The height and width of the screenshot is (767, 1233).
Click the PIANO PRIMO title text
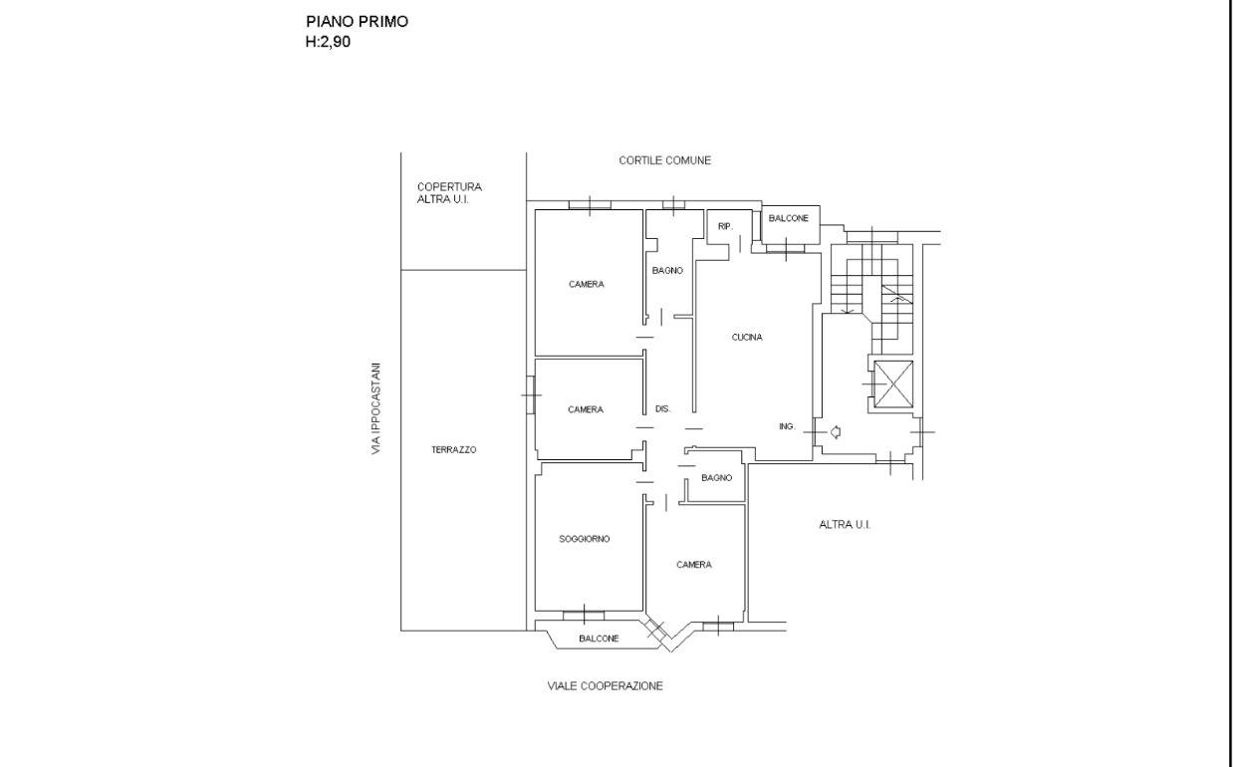357,22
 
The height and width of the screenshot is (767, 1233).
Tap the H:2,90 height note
328,42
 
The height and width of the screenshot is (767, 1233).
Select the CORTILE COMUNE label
665,160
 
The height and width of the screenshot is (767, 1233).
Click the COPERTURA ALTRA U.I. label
449,192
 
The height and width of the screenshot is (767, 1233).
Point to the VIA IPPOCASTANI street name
375,408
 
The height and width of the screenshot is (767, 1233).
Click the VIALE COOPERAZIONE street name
605,686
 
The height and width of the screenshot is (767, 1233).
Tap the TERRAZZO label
453,450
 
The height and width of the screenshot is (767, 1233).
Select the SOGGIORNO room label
584,539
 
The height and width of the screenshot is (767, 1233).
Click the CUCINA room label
747,337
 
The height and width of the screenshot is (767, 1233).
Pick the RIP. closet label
725,226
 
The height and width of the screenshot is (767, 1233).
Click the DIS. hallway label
662,409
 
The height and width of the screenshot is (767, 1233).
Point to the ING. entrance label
787,426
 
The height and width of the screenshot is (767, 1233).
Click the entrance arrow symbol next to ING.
835,432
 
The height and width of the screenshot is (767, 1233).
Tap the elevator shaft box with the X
893,383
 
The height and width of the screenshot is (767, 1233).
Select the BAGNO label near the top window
667,270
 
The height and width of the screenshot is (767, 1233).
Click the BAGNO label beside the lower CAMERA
717,478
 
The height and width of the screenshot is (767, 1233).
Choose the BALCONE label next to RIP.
788,218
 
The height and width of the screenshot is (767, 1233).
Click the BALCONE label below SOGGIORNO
599,639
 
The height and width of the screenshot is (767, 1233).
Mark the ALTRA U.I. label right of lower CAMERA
845,525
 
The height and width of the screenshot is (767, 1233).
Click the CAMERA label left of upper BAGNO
587,284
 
